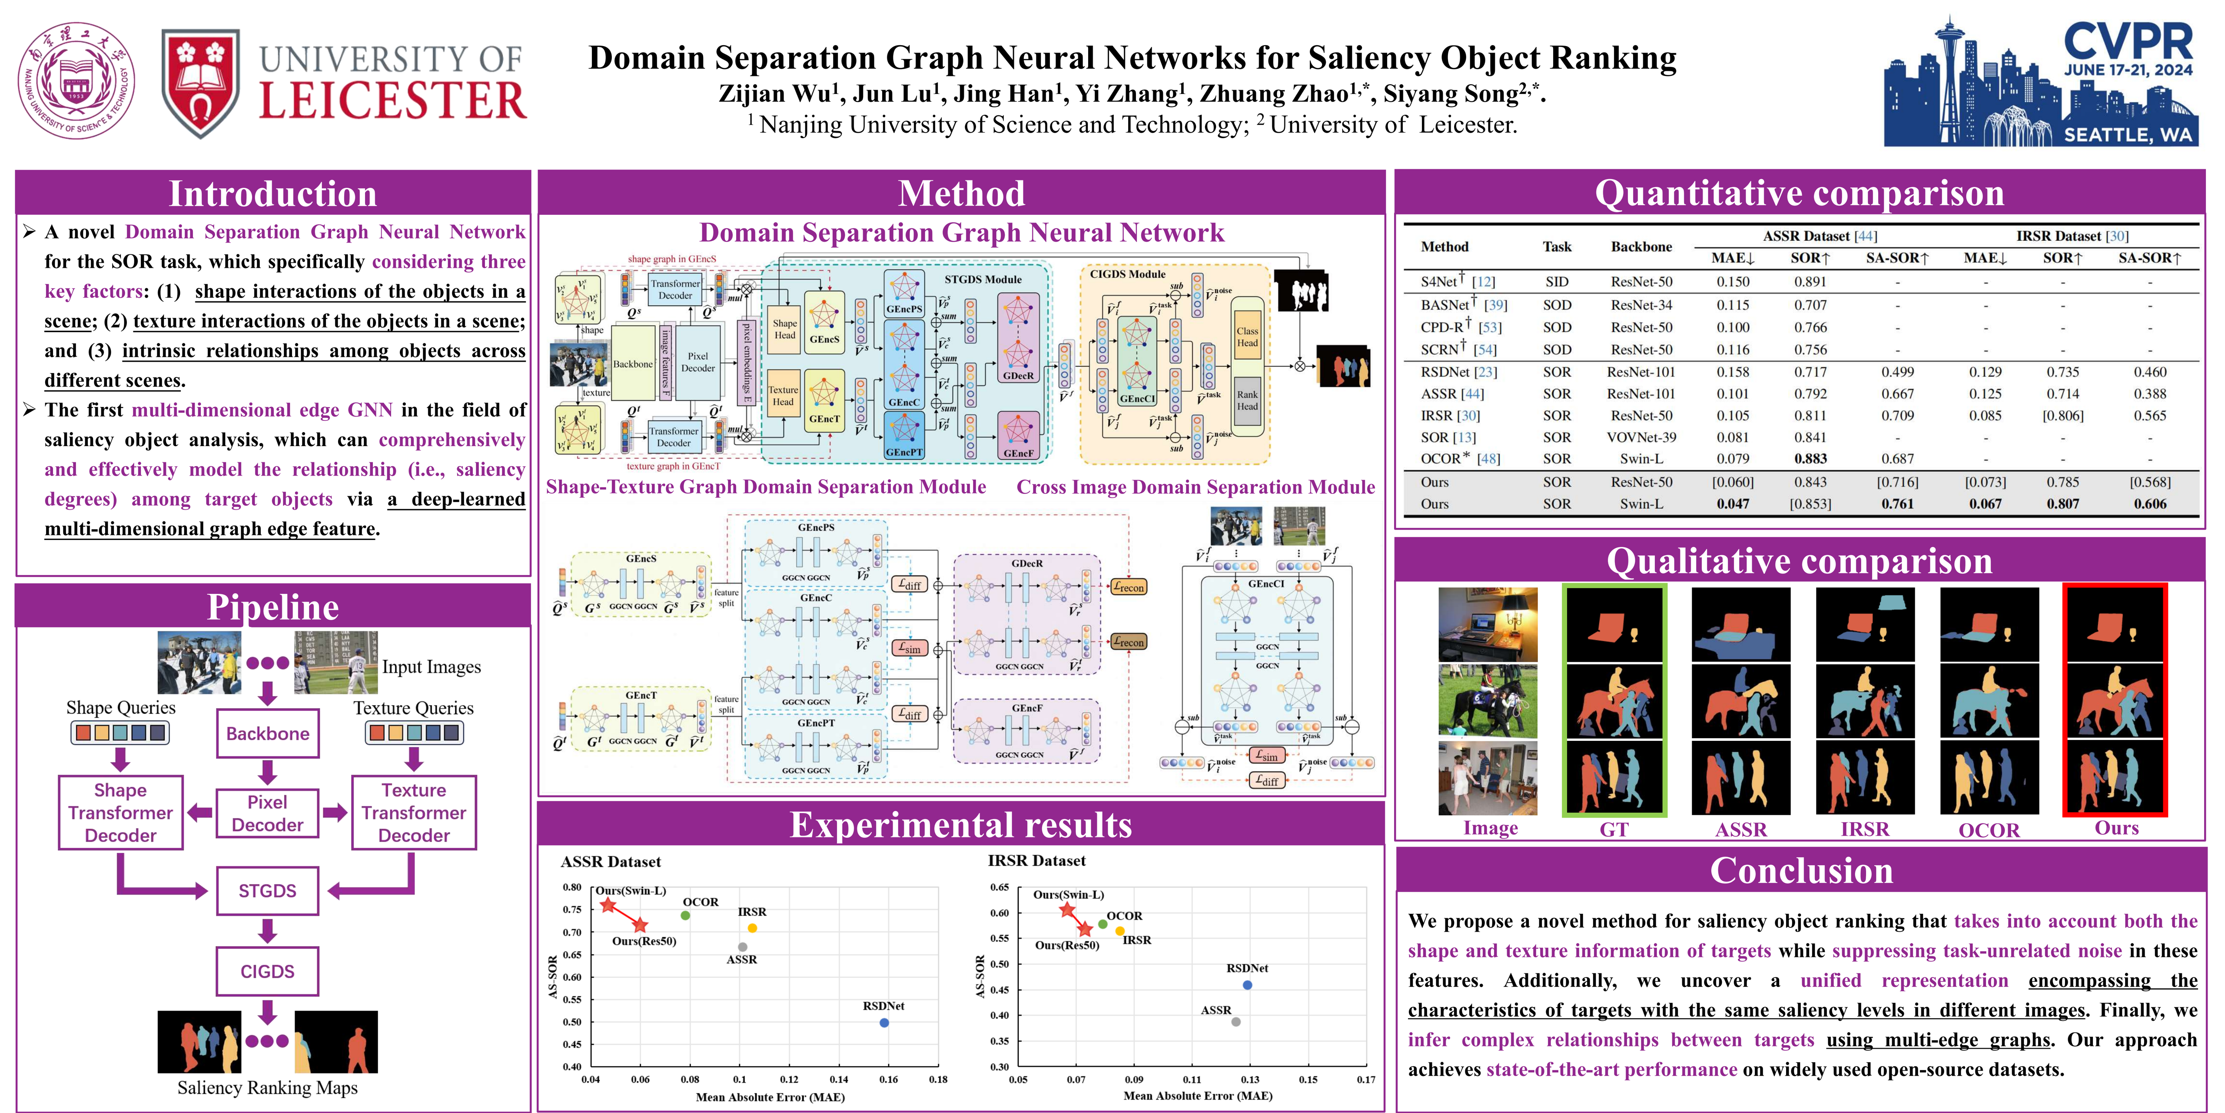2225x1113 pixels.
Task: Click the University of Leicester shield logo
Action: click(x=200, y=84)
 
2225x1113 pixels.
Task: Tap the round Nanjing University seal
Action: click(x=77, y=81)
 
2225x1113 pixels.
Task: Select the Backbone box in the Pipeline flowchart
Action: click(x=268, y=733)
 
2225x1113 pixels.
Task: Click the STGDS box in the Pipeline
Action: click(x=268, y=891)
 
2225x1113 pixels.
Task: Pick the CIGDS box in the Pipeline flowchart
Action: click(x=268, y=971)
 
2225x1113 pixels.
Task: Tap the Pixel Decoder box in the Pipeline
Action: click(x=268, y=813)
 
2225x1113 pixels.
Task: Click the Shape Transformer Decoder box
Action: click(x=121, y=812)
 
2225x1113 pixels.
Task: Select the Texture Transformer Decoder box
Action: click(x=414, y=812)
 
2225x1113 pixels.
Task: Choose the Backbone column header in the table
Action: click(x=1641, y=246)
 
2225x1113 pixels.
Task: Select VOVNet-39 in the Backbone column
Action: click(x=1641, y=437)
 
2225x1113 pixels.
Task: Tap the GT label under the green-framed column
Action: click(x=1614, y=830)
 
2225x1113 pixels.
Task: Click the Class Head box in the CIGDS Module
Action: click(x=1247, y=337)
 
